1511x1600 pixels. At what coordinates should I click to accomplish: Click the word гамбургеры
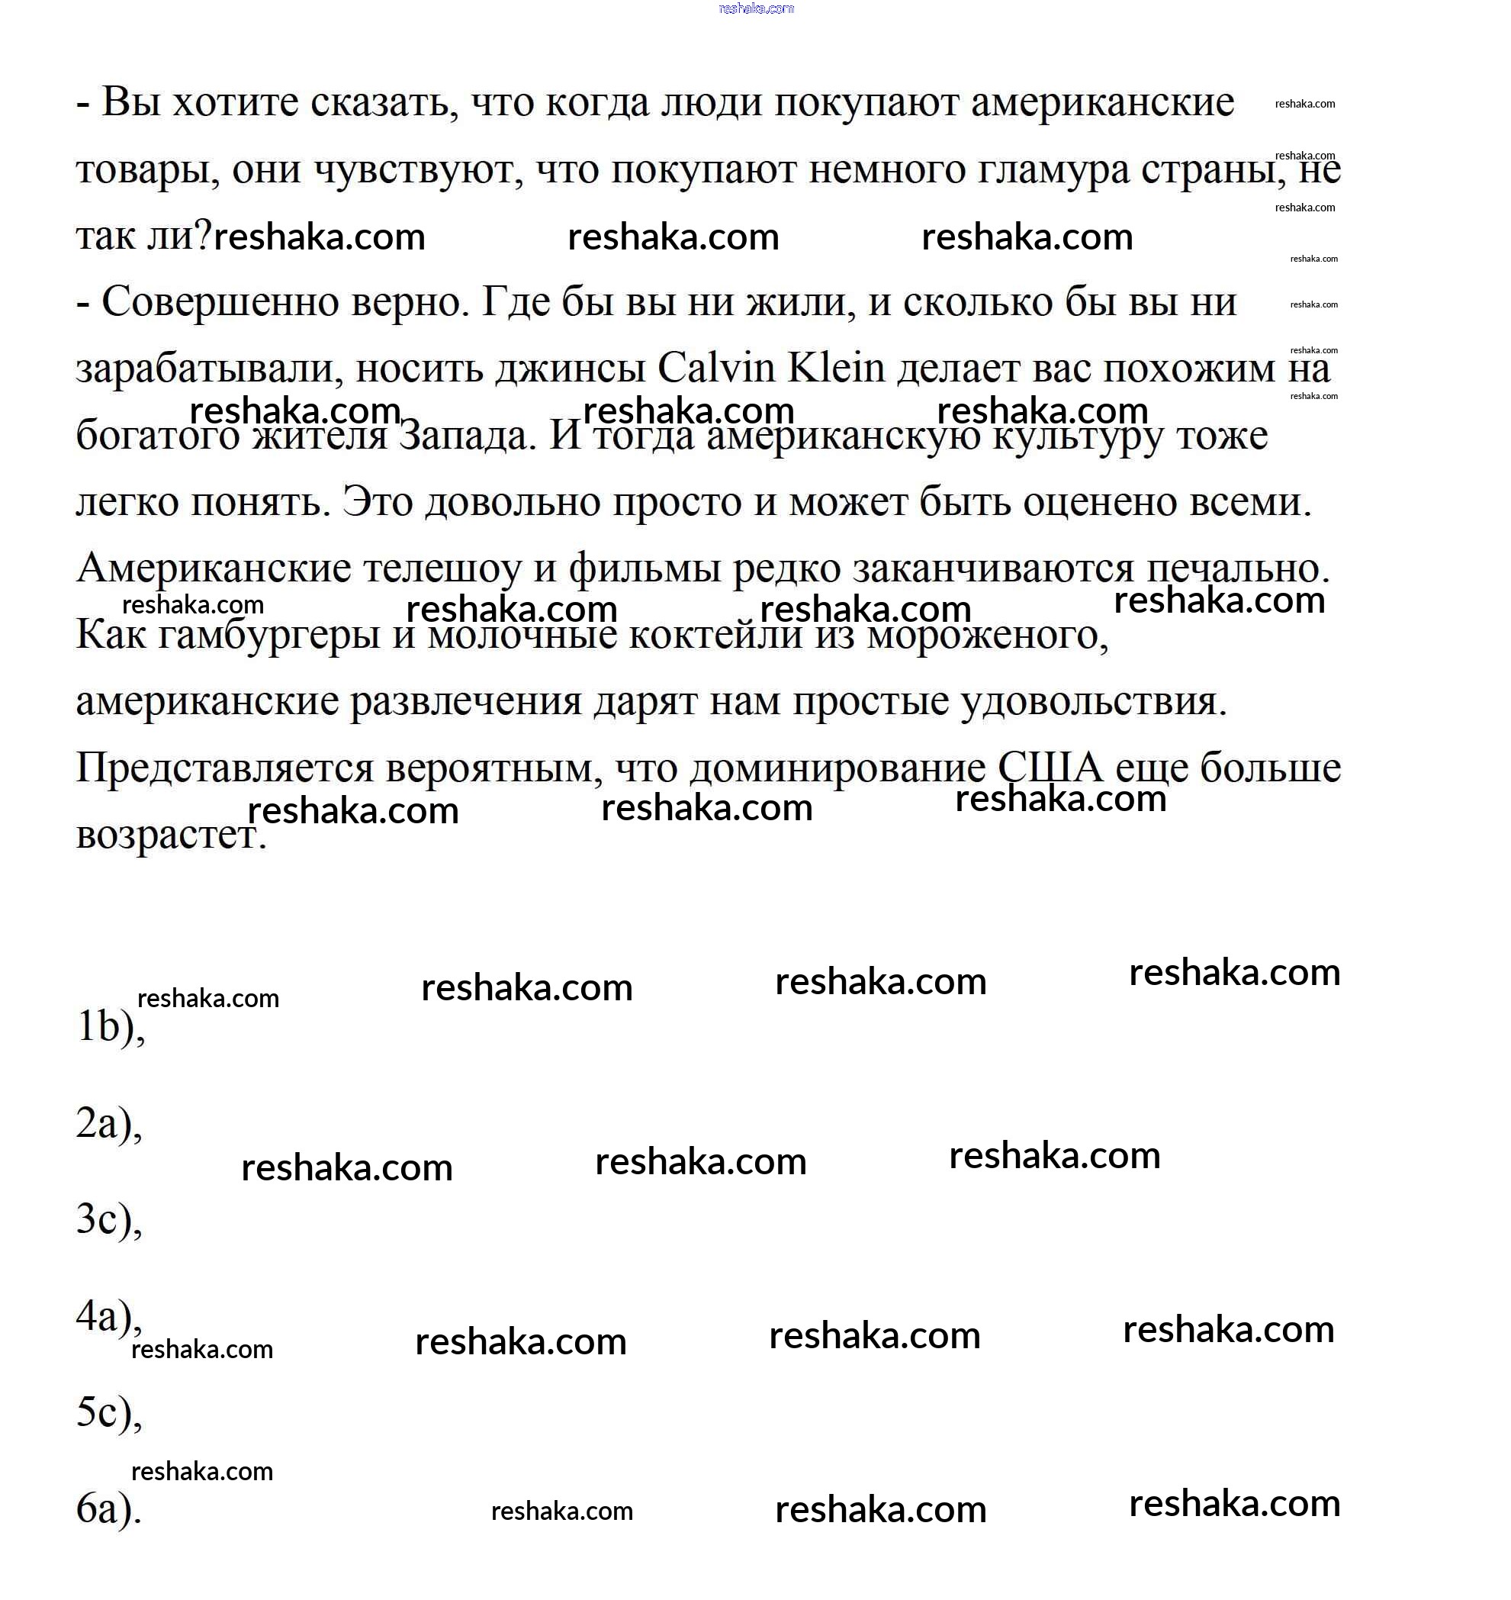[x=270, y=636]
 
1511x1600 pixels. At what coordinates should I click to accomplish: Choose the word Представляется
[x=225, y=768]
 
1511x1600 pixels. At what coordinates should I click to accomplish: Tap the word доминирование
[x=837, y=768]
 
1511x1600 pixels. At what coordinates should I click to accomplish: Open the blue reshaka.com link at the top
[x=755, y=9]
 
